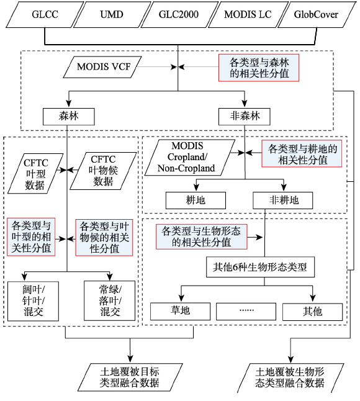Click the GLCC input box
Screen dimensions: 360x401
(x=45, y=14)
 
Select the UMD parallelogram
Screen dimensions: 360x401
(x=112, y=14)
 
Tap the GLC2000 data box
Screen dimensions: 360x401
(x=179, y=14)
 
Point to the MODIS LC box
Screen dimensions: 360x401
(x=248, y=14)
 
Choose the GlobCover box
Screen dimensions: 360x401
(x=317, y=14)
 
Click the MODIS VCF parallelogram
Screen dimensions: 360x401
(x=102, y=67)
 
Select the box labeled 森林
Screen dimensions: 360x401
(x=68, y=117)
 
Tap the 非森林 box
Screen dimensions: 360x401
(x=245, y=117)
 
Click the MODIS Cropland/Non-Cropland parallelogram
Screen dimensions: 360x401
(x=190, y=158)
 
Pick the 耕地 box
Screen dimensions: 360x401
(x=196, y=200)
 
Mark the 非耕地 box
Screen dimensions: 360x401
(x=283, y=200)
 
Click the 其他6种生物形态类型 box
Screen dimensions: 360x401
(x=260, y=268)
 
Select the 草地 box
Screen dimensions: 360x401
(x=180, y=312)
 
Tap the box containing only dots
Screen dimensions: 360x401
(x=246, y=312)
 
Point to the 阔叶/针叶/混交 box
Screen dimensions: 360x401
(x=34, y=301)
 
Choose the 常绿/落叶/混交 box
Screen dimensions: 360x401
(x=110, y=300)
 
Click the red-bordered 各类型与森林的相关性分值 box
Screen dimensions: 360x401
(x=259, y=68)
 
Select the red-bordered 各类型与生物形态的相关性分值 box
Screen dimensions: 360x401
(x=202, y=237)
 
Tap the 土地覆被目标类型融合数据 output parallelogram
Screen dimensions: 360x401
(x=130, y=377)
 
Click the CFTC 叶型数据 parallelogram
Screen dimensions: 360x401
(x=35, y=174)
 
